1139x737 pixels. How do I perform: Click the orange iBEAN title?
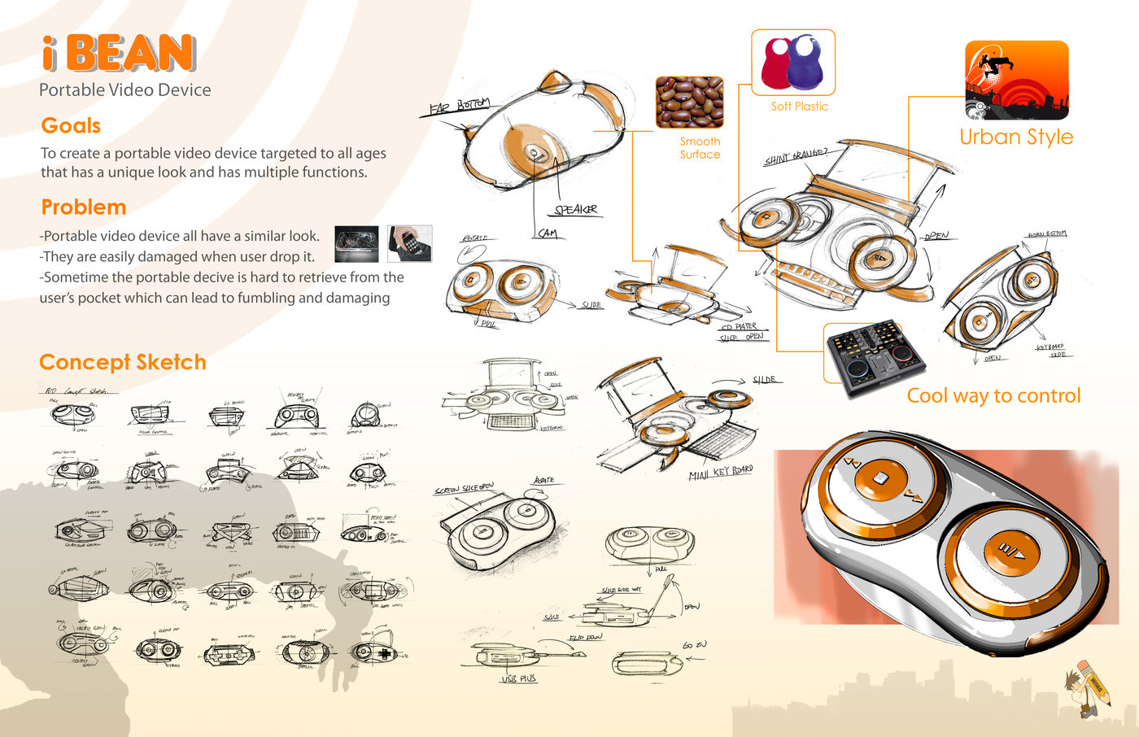click(119, 54)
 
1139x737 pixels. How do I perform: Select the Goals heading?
click(71, 126)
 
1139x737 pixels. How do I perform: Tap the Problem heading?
click(83, 207)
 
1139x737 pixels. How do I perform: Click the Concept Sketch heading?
click(123, 362)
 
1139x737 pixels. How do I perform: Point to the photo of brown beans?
click(689, 102)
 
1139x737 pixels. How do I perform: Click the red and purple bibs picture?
click(792, 63)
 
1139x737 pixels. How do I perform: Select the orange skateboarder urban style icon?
click(1016, 81)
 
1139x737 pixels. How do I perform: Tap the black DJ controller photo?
click(875, 357)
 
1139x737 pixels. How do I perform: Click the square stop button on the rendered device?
click(880, 478)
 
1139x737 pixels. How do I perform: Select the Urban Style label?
click(1016, 137)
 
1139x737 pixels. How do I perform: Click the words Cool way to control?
click(993, 396)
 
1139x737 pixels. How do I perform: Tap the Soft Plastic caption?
click(799, 107)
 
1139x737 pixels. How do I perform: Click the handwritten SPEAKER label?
click(576, 210)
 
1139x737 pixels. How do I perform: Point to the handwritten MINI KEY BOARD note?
click(720, 473)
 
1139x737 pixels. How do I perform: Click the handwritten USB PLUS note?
click(518, 678)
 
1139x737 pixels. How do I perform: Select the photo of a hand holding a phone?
click(409, 243)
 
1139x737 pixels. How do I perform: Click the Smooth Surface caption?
click(700, 148)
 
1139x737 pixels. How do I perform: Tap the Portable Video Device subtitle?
click(125, 90)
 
